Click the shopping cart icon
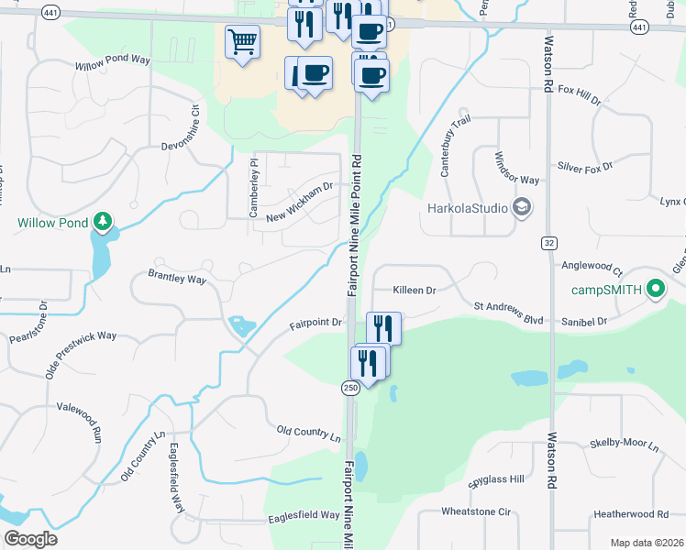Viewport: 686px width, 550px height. coord(242,41)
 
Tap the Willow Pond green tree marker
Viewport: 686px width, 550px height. coord(104,222)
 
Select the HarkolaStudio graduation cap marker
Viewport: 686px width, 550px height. coord(523,206)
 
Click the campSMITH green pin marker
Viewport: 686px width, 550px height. coord(655,290)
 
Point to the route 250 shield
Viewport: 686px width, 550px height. coord(350,388)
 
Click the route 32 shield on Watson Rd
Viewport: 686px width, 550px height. coord(549,242)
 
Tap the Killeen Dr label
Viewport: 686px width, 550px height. coord(414,290)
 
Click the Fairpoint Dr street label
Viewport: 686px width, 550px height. coord(315,323)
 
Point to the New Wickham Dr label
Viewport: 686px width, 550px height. coord(298,203)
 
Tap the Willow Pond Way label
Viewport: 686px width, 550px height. coord(113,62)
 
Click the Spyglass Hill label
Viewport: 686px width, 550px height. coord(495,478)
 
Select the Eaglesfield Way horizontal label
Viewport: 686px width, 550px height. coord(304,516)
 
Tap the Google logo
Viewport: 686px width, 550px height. coord(29,539)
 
